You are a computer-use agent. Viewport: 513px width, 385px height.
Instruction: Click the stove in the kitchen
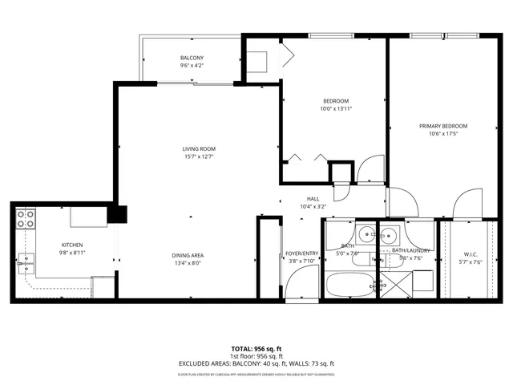click(26, 218)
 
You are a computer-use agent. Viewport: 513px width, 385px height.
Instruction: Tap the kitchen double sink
click(26, 259)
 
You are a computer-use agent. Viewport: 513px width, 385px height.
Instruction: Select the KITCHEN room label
click(73, 245)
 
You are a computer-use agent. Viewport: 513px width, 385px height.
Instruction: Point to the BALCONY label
click(192, 58)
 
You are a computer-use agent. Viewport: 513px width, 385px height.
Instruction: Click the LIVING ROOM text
click(199, 148)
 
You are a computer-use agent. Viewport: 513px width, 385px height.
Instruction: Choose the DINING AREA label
click(187, 255)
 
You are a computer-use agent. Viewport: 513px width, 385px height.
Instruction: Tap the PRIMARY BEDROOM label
click(443, 126)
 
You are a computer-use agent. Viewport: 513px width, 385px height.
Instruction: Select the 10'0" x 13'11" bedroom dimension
click(336, 108)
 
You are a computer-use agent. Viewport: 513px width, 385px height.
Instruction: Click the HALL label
click(313, 199)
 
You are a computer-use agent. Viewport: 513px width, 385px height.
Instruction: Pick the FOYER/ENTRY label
click(302, 253)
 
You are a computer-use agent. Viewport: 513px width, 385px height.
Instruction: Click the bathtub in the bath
click(349, 285)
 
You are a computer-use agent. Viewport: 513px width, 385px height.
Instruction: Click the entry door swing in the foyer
click(303, 282)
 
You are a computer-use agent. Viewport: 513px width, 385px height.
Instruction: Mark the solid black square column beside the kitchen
click(118, 214)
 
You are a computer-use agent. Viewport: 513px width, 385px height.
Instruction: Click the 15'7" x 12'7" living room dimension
click(199, 157)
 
